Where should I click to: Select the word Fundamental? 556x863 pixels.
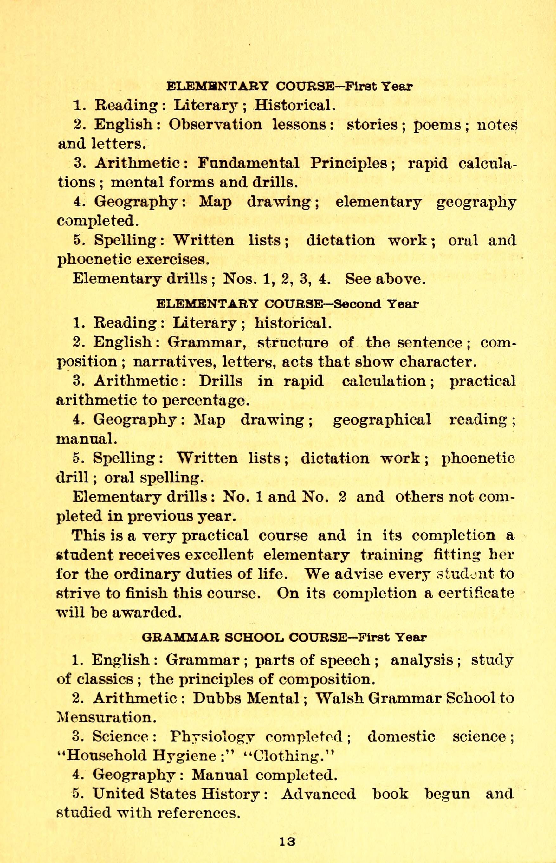click(249, 163)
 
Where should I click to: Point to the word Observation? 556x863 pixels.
click(215, 125)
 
